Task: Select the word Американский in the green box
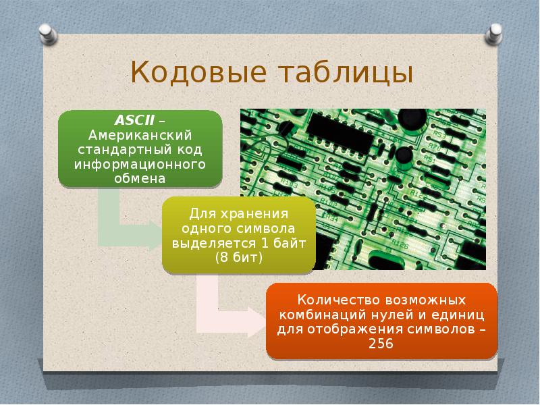point(140,135)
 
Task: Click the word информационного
point(140,164)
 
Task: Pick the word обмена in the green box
point(140,178)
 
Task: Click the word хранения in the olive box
point(254,213)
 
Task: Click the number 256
point(382,344)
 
